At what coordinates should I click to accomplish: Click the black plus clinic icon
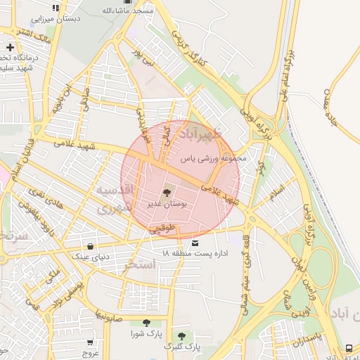(10, 47)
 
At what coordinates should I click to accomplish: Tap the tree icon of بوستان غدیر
(167, 192)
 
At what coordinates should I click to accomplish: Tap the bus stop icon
(349, 348)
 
